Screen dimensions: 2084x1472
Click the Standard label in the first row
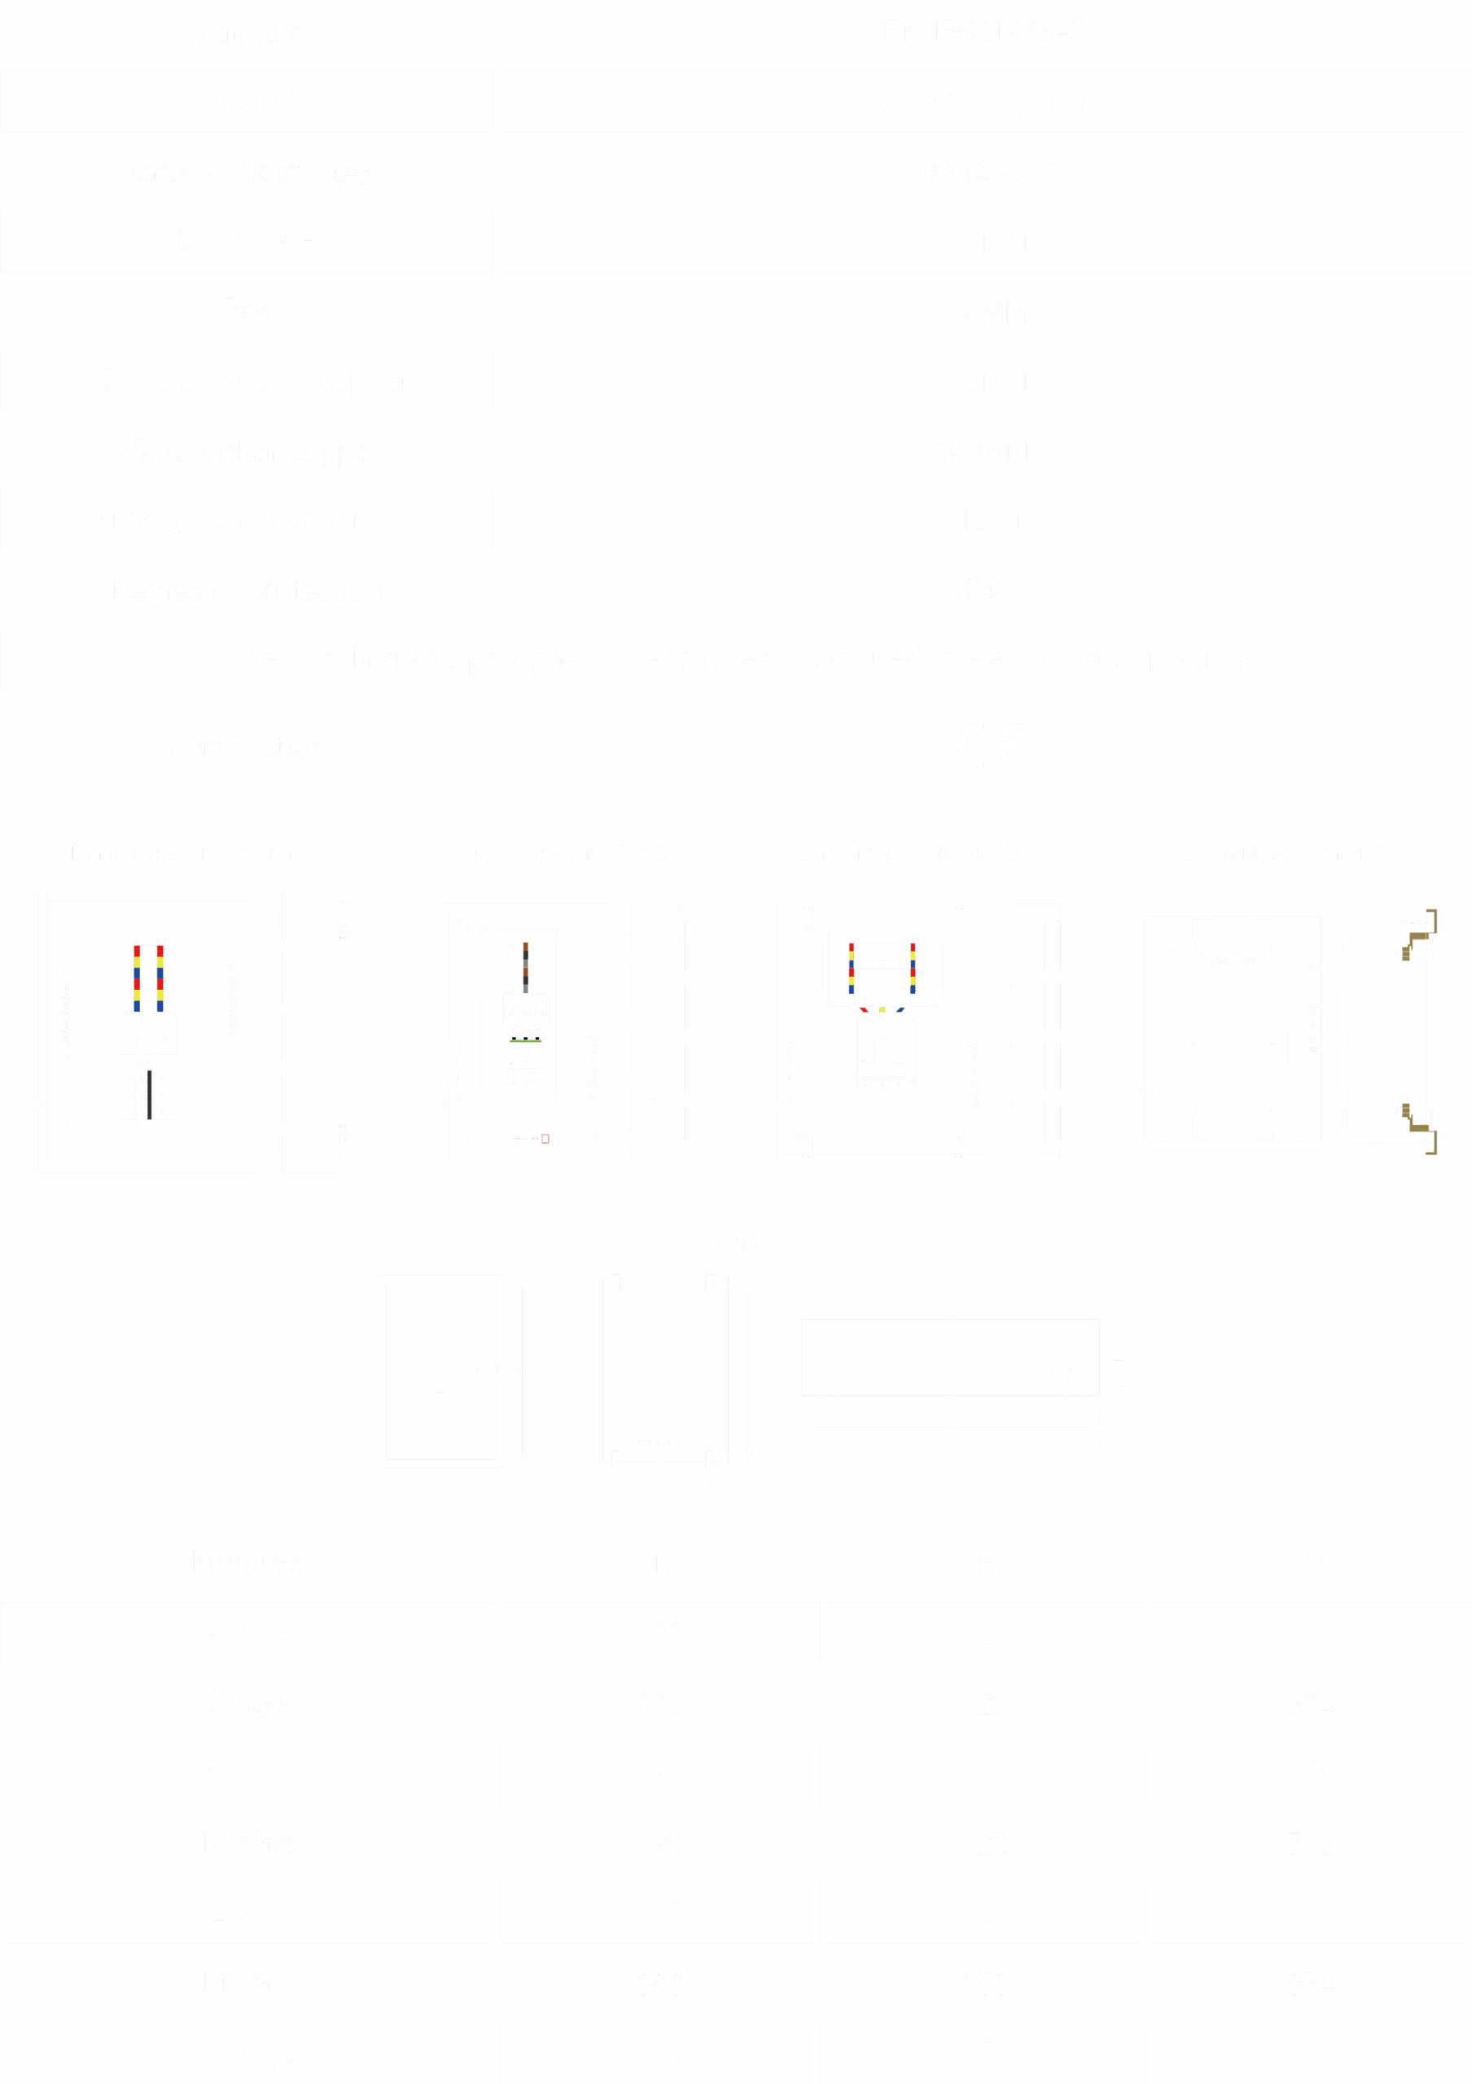(246, 33)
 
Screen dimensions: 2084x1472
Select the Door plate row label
(246, 239)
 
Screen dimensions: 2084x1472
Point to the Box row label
(246, 309)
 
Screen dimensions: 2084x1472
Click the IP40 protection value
(984, 590)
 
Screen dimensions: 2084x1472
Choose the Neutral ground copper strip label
(246, 519)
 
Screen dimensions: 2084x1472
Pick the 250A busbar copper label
(246, 450)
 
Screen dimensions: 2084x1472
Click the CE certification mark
(992, 746)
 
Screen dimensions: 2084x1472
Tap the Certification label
(246, 747)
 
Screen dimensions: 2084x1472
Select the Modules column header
(246, 1562)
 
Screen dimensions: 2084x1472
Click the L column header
(659, 1563)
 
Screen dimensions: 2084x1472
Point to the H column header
(986, 1563)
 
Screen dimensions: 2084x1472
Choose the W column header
(1311, 1563)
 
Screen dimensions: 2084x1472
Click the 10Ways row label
(246, 1842)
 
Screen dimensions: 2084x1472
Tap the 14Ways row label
(246, 1981)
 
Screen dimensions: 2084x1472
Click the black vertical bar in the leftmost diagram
(149, 1095)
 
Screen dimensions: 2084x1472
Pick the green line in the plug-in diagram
(524, 1041)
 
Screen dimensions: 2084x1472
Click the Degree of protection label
(246, 591)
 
